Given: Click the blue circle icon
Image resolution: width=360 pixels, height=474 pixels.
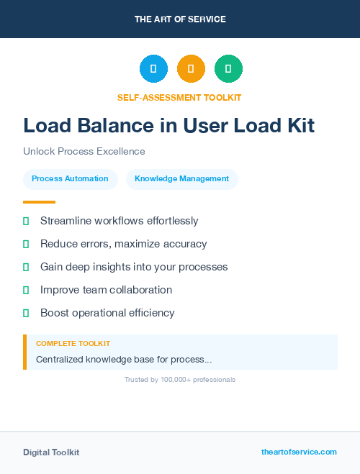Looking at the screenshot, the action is coord(153,68).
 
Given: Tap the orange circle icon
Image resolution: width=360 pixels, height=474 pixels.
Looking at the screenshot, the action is coord(191,68).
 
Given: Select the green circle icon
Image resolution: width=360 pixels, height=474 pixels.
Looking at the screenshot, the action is coord(228,68).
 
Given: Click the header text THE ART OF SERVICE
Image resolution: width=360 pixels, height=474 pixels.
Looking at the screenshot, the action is coord(180,19).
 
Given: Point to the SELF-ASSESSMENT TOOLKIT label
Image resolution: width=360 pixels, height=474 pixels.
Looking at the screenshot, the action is coord(180,97).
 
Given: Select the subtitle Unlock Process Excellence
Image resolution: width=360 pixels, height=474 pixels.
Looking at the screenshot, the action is coord(84,152).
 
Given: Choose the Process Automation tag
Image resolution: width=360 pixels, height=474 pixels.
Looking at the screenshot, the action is coord(71,178).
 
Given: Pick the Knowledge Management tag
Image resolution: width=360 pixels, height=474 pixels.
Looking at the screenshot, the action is coord(181,178).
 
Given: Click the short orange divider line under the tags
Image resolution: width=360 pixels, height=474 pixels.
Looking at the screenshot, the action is coord(39,202).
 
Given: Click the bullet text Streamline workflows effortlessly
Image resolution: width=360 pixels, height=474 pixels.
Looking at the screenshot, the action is coord(119,221).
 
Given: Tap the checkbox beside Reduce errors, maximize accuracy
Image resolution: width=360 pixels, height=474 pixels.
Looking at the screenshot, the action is coord(26,245).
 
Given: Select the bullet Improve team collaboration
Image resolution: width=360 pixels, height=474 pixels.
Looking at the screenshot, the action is coord(106,290).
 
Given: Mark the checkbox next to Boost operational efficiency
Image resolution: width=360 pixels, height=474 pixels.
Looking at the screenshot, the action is coord(26,314).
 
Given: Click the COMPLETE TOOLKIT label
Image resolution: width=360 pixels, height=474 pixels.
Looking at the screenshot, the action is coord(73,344).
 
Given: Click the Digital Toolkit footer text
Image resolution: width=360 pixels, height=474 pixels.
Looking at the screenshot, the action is coord(51,452).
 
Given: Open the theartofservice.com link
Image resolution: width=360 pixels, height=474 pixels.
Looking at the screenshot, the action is coord(299,452).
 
